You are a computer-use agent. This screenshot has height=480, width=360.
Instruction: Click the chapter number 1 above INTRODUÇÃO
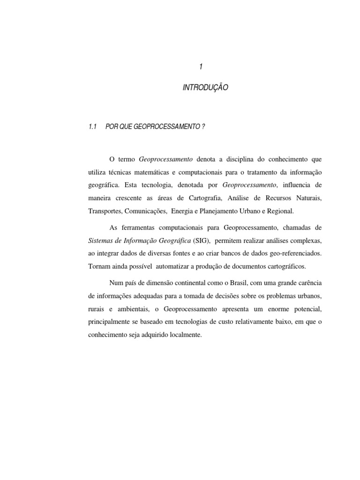pos(200,67)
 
